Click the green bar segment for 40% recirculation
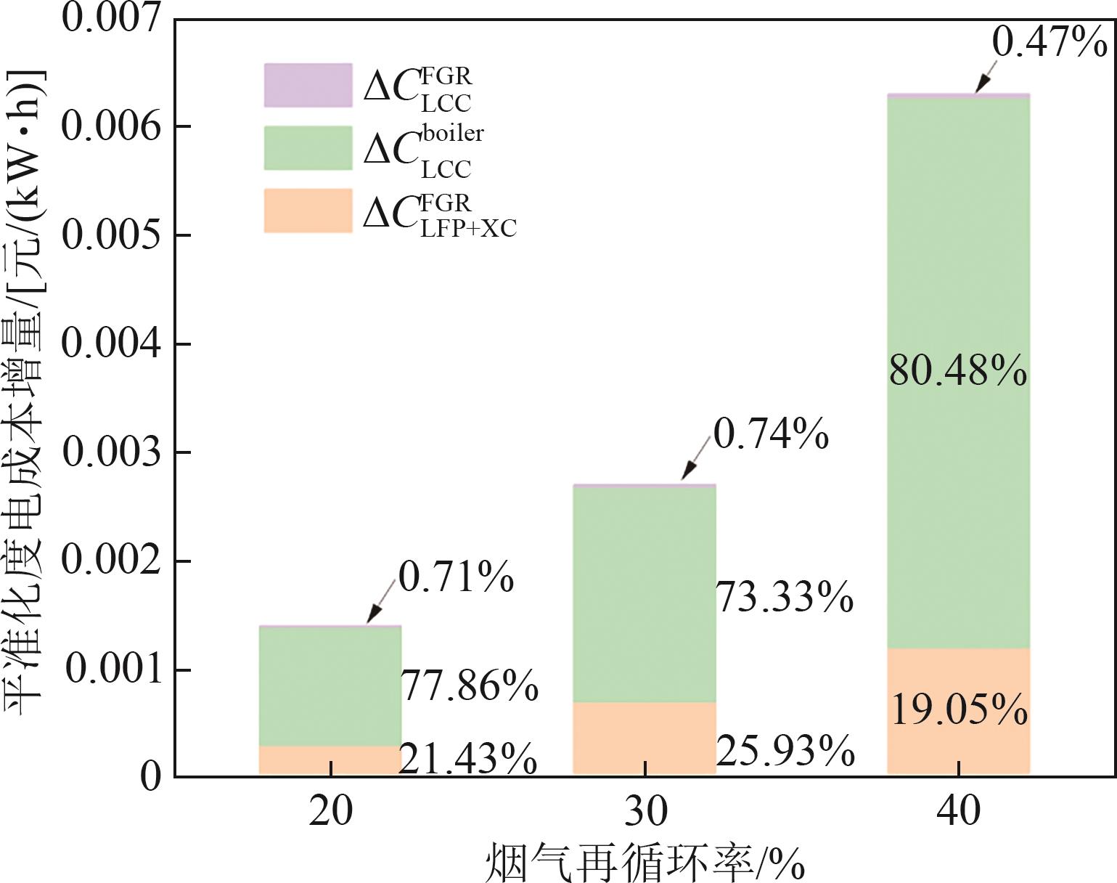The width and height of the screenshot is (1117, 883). point(958,508)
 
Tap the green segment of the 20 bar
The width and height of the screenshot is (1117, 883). point(330,685)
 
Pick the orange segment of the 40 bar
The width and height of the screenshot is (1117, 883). point(958,748)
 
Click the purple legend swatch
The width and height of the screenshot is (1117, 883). point(308,86)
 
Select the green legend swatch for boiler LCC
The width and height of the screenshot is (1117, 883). point(308,148)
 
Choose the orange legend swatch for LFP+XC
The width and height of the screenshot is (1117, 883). point(308,211)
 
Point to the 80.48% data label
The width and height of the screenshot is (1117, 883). point(958,370)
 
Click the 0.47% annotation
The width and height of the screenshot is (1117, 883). point(1049,42)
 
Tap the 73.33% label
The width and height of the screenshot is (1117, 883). point(785,598)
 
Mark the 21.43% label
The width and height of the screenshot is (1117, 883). point(469,760)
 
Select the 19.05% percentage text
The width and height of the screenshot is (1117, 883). point(958,709)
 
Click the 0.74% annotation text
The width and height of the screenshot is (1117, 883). point(771,434)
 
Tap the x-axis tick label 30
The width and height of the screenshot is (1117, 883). point(645,811)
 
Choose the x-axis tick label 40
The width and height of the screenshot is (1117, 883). point(958,811)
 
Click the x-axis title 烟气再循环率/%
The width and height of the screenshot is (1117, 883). point(645,863)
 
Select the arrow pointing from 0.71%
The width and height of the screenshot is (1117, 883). point(382,601)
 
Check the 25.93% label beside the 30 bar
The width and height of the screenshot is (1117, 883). point(785,751)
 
